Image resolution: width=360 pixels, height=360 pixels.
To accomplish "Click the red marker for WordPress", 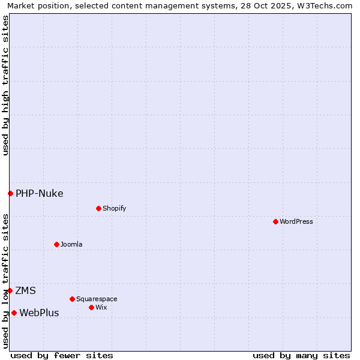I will tap(275, 221).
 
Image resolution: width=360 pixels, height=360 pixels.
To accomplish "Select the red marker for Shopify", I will tap(98, 208).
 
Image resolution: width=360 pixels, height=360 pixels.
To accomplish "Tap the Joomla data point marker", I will tap(56, 244).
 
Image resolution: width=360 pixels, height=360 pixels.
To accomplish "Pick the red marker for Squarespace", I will tap(72, 299).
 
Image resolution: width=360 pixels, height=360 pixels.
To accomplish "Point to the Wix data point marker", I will tap(91, 307).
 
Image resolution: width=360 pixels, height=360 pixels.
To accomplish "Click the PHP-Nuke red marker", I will tap(10, 193).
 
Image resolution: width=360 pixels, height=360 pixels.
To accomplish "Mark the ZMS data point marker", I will tap(10, 290).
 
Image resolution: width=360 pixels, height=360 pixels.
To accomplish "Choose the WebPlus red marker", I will tap(14, 313).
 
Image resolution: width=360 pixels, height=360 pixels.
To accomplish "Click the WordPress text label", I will tap(296, 221).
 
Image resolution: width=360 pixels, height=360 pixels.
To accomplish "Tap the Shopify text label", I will tap(114, 208).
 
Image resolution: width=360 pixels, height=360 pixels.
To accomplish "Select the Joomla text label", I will tap(71, 244).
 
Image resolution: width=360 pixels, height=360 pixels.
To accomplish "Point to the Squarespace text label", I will tap(97, 299).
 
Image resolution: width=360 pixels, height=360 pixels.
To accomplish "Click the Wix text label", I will tap(101, 307).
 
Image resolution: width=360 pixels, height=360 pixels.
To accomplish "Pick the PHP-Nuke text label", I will tap(39, 193).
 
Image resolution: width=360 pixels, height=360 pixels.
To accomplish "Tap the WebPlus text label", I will tap(39, 313).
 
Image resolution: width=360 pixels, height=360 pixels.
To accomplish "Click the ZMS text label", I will tap(25, 290).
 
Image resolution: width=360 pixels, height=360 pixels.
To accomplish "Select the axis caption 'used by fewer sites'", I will tap(62, 355).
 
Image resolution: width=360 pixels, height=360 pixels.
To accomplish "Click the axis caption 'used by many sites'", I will tap(301, 355).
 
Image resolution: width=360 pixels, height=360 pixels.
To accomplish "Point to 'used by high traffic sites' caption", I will tap(5, 85).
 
